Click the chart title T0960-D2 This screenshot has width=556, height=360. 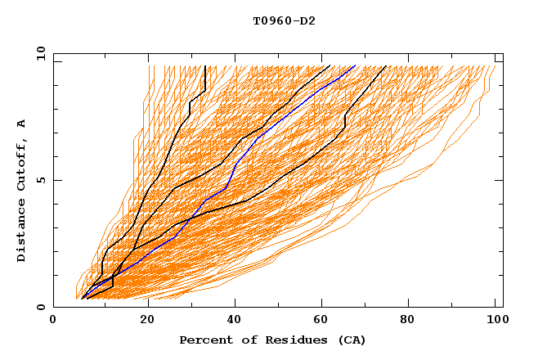click(284, 21)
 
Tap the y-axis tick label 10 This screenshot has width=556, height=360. click(40, 53)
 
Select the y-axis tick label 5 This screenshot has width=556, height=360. click(43, 180)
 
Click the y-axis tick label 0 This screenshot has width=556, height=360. click(43, 307)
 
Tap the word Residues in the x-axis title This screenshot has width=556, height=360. click(291, 340)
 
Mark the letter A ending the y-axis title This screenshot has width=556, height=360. click(22, 124)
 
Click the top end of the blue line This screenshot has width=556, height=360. click(355, 66)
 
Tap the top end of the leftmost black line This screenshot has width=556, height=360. click(205, 66)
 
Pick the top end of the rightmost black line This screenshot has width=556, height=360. click(386, 66)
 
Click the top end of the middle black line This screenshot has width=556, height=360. click(329, 66)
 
